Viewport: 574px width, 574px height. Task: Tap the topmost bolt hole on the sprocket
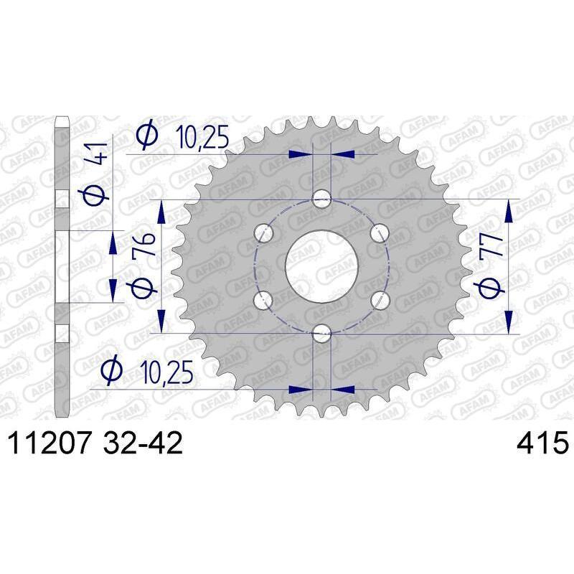pos(323,199)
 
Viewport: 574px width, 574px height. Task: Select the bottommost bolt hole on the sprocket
pos(323,331)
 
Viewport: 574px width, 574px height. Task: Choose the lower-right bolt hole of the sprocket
pos(380,298)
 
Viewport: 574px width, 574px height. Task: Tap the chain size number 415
pos(542,443)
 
